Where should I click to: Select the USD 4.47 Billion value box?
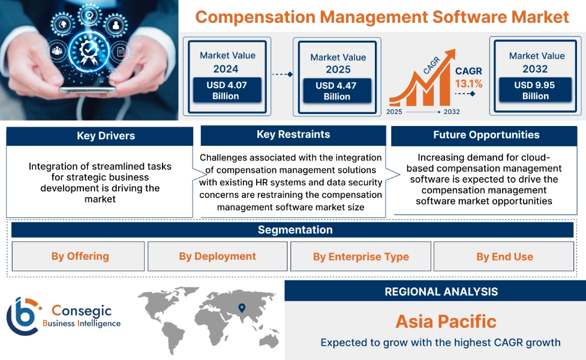point(336,91)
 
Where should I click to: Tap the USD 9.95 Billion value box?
point(535,91)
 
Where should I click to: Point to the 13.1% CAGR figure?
point(468,84)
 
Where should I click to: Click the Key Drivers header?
point(100,136)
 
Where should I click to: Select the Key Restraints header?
point(293,135)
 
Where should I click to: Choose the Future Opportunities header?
point(486,136)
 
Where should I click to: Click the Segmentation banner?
point(294,230)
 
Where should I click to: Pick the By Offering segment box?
point(79,257)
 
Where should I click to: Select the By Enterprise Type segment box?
point(360,257)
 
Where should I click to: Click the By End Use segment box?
point(504,257)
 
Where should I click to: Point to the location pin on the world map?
point(242,308)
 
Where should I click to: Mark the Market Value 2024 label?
point(227,62)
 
